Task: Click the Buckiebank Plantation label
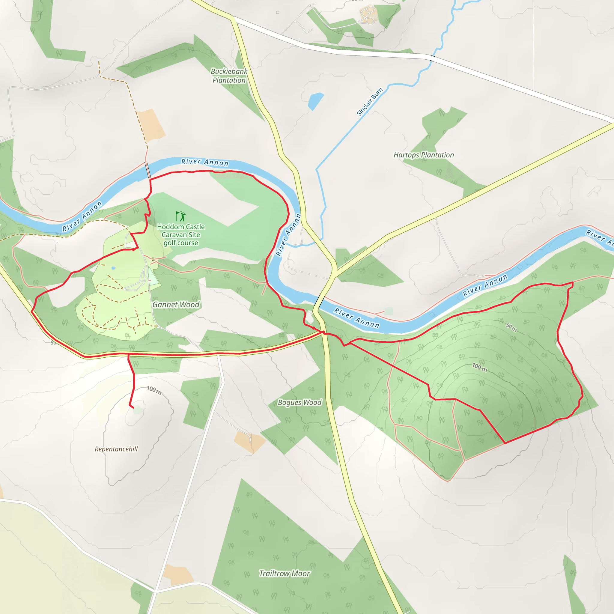click(x=229, y=76)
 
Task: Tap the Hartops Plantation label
click(x=424, y=155)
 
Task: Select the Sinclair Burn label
click(x=370, y=102)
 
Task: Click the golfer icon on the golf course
click(x=180, y=216)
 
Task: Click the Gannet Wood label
click(x=176, y=305)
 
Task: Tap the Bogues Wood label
click(x=300, y=402)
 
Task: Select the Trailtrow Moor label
click(x=285, y=573)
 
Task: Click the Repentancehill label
click(x=116, y=449)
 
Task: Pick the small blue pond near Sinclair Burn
click(x=315, y=101)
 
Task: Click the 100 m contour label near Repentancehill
click(x=154, y=390)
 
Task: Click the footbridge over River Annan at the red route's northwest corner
click(x=148, y=170)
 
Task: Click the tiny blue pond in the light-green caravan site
click(x=113, y=268)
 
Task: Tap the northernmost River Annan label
click(x=205, y=162)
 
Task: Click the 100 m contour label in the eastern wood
click(x=479, y=367)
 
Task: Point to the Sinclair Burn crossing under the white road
click(x=432, y=58)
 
